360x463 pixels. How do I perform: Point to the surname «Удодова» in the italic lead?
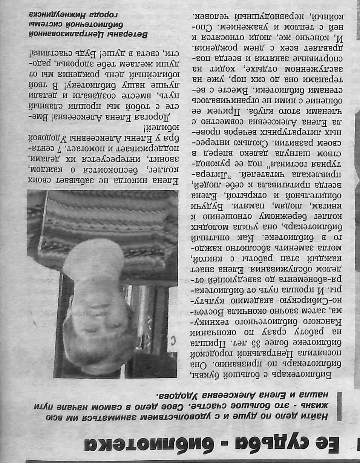coord(175,396)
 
